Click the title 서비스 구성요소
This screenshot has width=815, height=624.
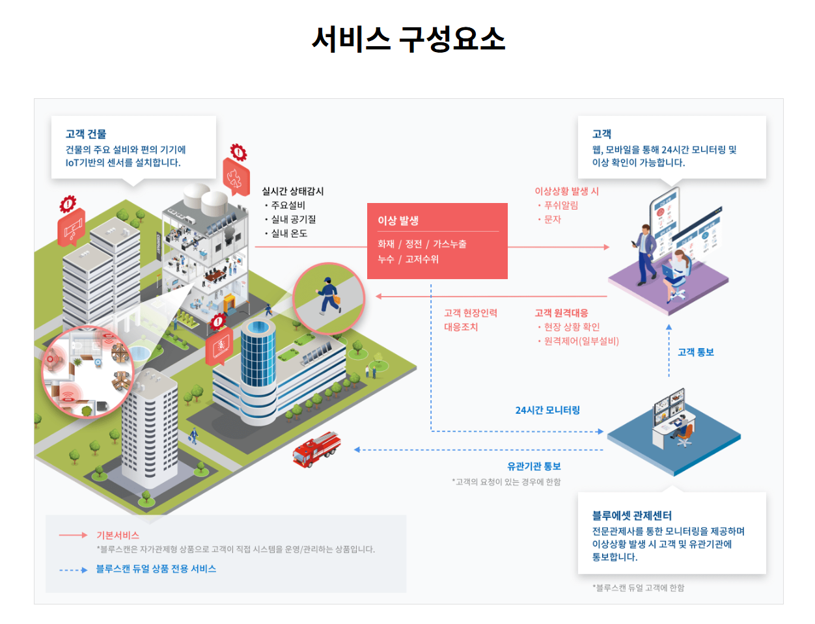(x=408, y=39)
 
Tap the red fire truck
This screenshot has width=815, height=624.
(x=316, y=448)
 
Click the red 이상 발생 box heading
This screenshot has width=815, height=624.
(x=398, y=221)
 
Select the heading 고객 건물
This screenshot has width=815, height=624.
(x=86, y=134)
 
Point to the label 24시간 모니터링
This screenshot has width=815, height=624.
(x=547, y=410)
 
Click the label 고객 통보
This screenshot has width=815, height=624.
(x=696, y=352)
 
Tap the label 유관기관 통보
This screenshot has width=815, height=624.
(x=534, y=466)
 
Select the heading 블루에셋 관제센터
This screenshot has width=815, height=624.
(x=631, y=515)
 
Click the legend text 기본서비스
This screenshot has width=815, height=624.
(x=118, y=535)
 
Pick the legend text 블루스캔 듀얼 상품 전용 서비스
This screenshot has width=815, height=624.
(x=156, y=569)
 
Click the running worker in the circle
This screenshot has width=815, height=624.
(x=328, y=297)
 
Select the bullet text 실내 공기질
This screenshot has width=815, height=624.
(x=294, y=219)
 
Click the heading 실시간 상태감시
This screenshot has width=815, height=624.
(x=292, y=191)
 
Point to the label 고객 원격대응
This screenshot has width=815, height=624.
(x=561, y=313)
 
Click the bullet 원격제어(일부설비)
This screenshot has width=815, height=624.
(x=581, y=341)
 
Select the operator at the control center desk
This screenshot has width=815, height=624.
(x=682, y=429)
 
